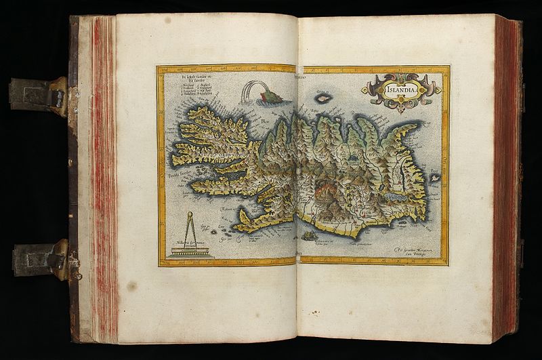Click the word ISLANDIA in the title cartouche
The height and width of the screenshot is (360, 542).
pyautogui.click(x=401, y=88)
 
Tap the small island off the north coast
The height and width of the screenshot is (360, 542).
pyautogui.click(x=324, y=98)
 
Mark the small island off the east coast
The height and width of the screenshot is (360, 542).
pyautogui.click(x=435, y=177)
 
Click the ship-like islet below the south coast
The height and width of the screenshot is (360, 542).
pyautogui.click(x=311, y=235)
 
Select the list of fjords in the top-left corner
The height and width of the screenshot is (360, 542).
pyautogui.click(x=181, y=91)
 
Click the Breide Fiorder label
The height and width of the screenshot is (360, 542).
pyautogui.click(x=178, y=176)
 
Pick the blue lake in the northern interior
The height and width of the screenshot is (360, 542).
pyautogui.click(x=353, y=157)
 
